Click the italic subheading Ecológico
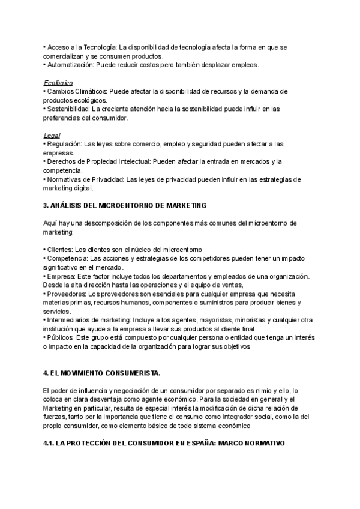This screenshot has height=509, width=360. tap(58, 82)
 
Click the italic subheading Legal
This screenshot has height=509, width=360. tap(52, 135)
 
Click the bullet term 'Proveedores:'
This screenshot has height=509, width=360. tap(67, 294)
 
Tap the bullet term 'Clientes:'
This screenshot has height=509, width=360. tap(62, 249)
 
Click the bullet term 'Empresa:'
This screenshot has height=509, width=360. tap(61, 276)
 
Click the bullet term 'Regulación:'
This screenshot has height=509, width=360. tap(65, 144)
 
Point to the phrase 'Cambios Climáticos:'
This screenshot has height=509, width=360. tap(77, 91)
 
